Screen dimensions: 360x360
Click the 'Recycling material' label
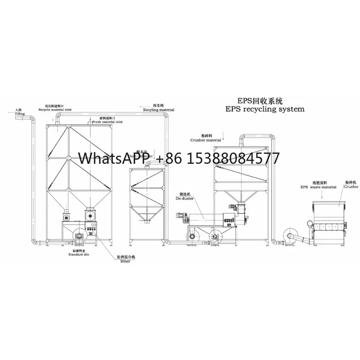[x=158, y=109]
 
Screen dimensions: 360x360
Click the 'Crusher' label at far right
[x=351, y=185]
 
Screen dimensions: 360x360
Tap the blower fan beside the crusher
[x=288, y=236]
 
